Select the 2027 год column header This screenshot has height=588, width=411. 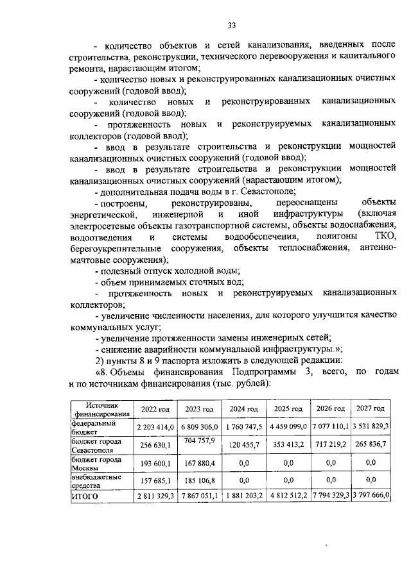372,408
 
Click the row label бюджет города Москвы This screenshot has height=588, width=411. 96,463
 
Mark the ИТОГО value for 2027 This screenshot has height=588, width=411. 372,496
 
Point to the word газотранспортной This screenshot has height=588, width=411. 201,225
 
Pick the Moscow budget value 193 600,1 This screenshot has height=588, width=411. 152,463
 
